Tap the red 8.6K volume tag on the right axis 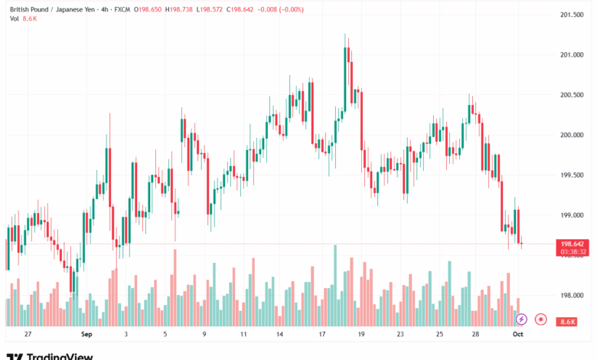coord(567,322)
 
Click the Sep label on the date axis coord(86,335)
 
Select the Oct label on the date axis coord(517,335)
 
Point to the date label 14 coord(281,335)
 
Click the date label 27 coord(28,335)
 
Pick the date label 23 coord(400,335)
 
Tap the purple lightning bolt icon coord(521,319)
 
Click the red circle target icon coord(540,319)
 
